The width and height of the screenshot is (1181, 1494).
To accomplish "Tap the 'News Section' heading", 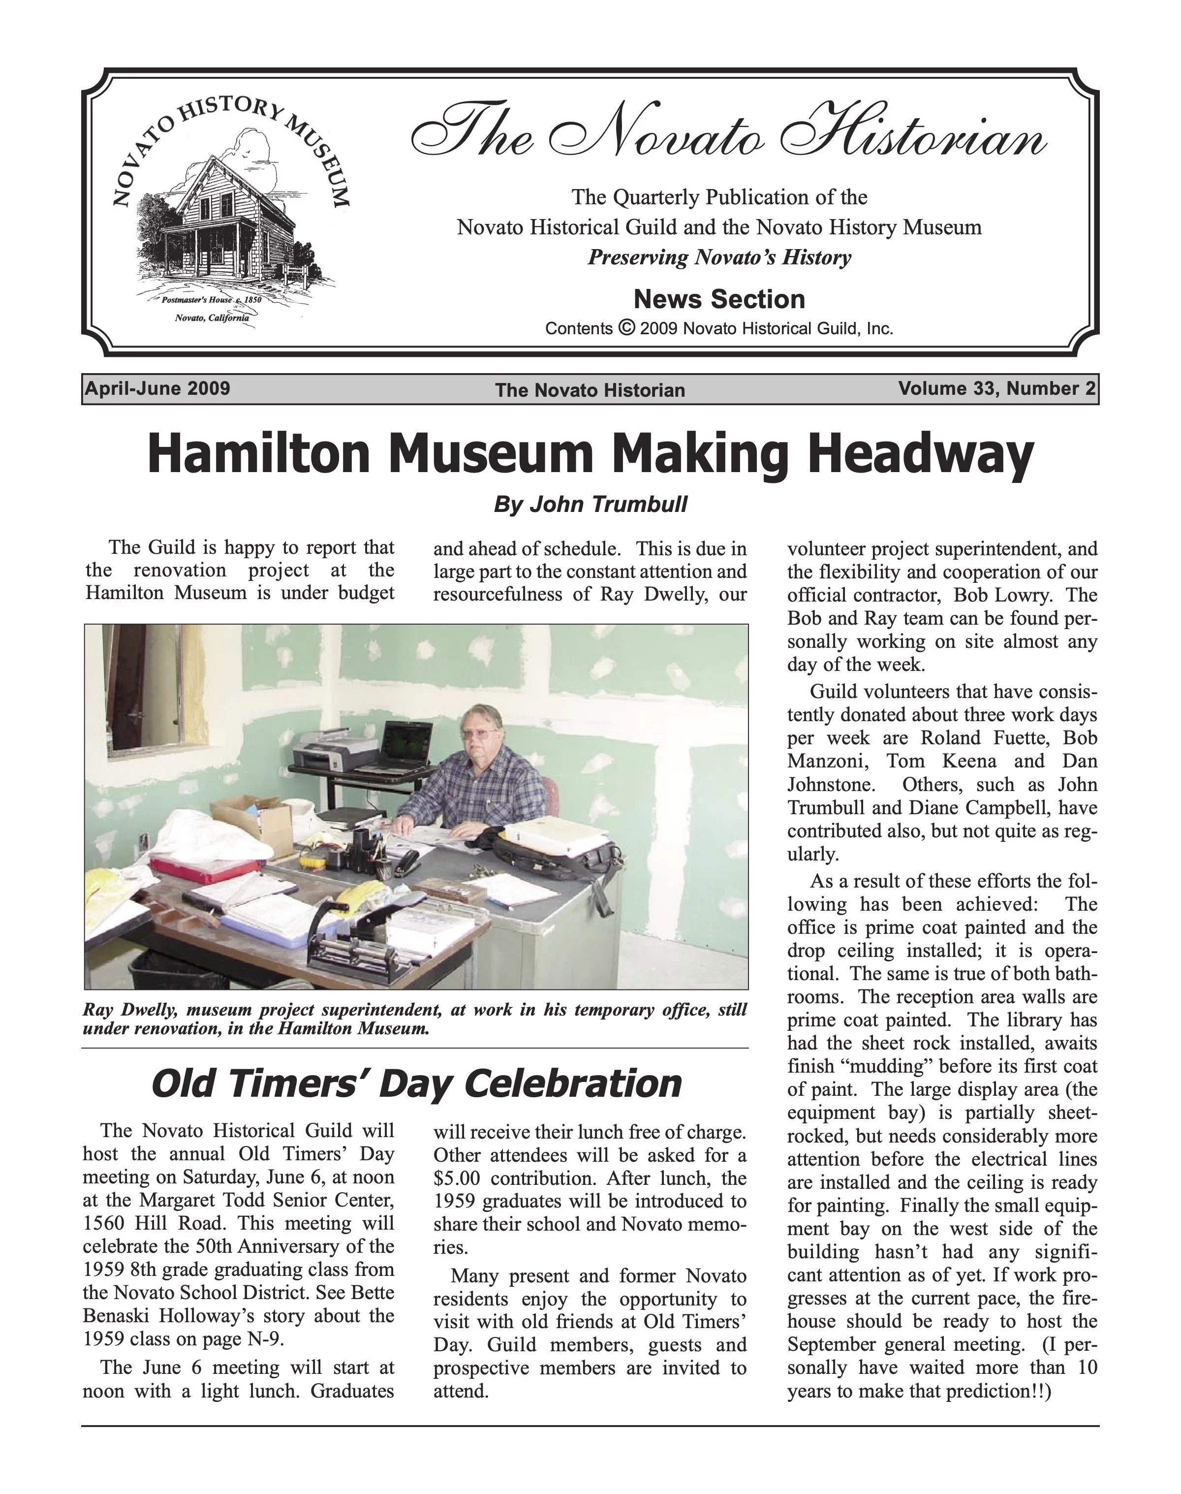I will coord(719,299).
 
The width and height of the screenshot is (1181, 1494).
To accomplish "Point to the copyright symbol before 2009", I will coord(626,327).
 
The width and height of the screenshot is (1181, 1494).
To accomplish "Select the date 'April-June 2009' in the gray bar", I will coord(157,388).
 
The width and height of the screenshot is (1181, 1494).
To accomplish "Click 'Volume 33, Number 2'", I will coord(996,389).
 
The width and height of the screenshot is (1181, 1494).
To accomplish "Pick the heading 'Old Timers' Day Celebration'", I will coord(416,1084).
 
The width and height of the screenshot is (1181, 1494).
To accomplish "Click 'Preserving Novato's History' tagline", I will coord(719,258).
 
